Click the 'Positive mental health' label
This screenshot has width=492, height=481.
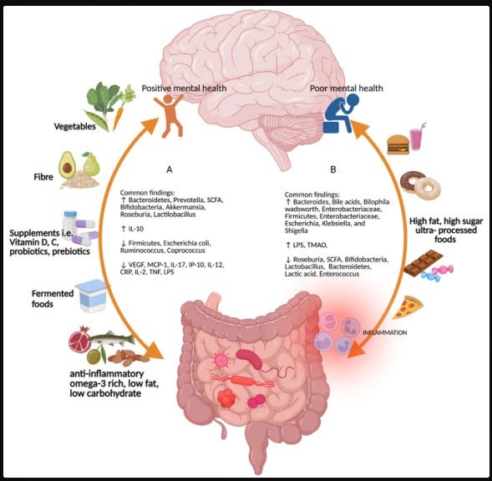click(x=184, y=89)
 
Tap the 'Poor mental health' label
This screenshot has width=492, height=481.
click(x=347, y=89)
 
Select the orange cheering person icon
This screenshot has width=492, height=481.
click(x=170, y=115)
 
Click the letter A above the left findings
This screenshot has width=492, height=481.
click(x=170, y=170)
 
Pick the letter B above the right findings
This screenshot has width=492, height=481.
click(x=333, y=170)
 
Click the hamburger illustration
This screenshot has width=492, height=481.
click(x=398, y=144)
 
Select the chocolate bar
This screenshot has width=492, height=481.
click(x=423, y=262)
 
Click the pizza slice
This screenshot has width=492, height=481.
click(x=408, y=306)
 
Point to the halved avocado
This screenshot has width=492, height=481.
click(x=67, y=165)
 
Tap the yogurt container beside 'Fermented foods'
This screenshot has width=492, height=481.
click(x=92, y=296)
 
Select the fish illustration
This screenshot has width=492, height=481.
click(x=111, y=338)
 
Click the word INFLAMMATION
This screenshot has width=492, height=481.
click(x=385, y=332)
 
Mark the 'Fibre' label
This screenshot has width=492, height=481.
click(x=43, y=177)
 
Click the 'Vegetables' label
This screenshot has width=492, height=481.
click(x=74, y=126)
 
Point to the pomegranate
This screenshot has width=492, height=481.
click(x=80, y=339)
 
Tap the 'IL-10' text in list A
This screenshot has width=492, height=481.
click(x=136, y=229)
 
